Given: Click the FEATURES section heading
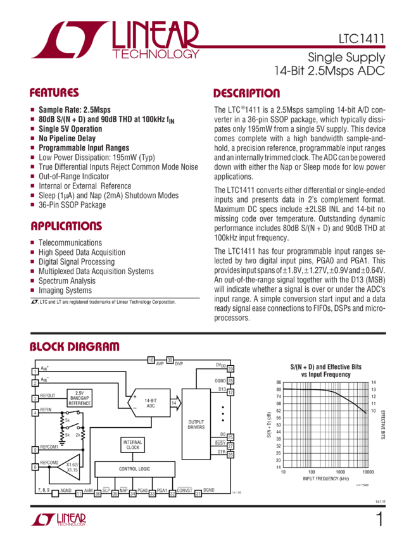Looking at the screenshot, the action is pos(54,93).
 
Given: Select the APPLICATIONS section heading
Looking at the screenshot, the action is pos(66,226).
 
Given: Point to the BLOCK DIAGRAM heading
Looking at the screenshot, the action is pos(74,347).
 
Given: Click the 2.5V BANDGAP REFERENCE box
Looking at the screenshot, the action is pos(79,397).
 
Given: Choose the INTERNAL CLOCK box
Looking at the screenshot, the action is pos(133,444).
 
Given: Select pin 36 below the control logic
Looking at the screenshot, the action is pos(80,493).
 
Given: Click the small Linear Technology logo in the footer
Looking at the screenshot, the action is pos(58,520).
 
